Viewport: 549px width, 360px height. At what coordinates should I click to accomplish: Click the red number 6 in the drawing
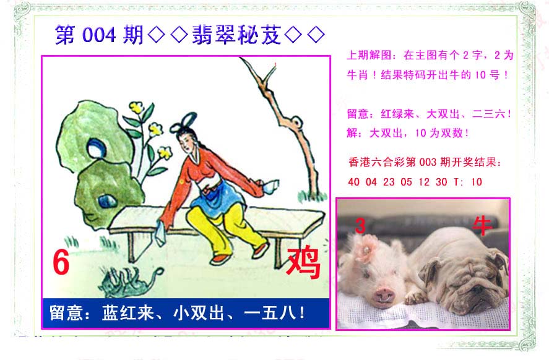pyautogui.click(x=61, y=263)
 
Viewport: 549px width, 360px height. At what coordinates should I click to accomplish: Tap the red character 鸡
pyautogui.click(x=303, y=262)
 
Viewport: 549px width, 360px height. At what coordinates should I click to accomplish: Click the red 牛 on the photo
pyautogui.click(x=483, y=226)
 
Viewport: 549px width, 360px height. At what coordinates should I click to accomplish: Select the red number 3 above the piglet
pyautogui.click(x=360, y=226)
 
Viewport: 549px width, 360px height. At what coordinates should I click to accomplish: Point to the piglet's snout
pyautogui.click(x=384, y=296)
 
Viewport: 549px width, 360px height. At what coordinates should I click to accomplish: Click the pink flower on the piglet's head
pyautogui.click(x=366, y=248)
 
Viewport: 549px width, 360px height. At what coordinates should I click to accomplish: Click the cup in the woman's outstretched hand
pyautogui.click(x=271, y=186)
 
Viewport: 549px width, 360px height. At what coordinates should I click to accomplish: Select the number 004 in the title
pyautogui.click(x=99, y=35)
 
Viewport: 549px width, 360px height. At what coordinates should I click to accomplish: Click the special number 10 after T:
pyautogui.click(x=477, y=182)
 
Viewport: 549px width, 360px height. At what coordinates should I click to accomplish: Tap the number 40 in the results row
pyautogui.click(x=353, y=182)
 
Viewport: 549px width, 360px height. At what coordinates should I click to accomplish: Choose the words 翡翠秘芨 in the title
pyautogui.click(x=236, y=35)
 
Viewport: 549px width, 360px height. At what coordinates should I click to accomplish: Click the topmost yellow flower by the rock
pyautogui.click(x=137, y=107)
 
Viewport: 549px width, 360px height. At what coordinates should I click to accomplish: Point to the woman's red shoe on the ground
pyautogui.click(x=220, y=260)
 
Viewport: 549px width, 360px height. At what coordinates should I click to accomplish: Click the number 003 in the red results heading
pyautogui.click(x=428, y=162)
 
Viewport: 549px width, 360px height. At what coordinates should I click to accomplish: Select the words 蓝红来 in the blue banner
pyautogui.click(x=128, y=313)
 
